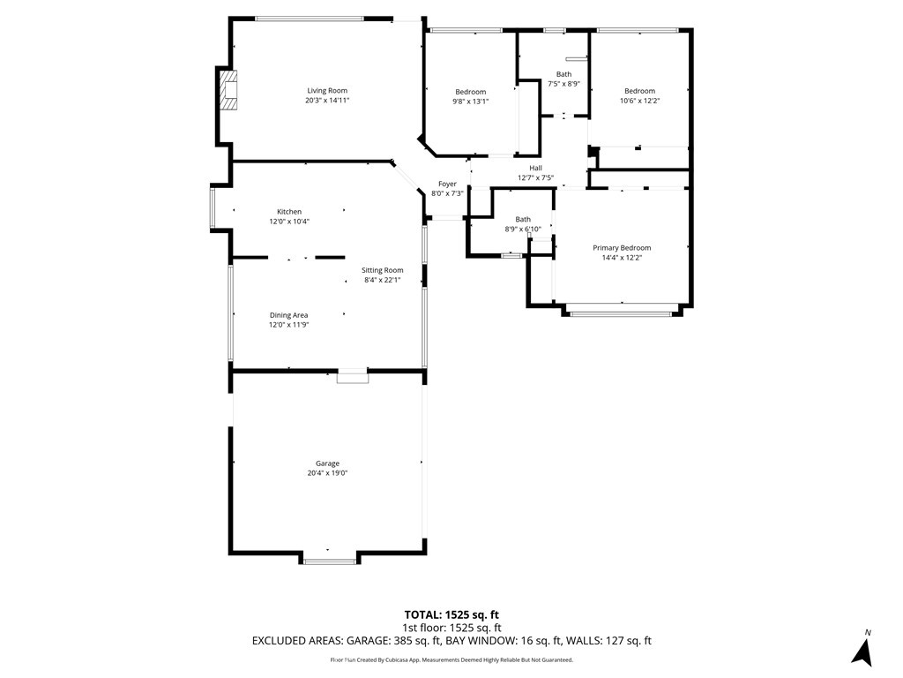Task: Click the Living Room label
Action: tap(327, 91)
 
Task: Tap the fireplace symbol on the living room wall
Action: tap(229, 90)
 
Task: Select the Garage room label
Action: tap(327, 463)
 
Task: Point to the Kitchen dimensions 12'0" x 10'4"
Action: tap(289, 222)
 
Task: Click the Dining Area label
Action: tap(288, 315)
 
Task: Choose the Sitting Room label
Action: tap(383, 270)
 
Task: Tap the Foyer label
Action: tap(447, 185)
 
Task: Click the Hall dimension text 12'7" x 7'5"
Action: tap(535, 178)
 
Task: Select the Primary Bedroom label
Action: tap(622, 248)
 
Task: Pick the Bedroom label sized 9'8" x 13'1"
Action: tap(471, 92)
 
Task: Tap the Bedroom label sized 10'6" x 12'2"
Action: tap(640, 91)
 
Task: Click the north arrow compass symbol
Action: tap(862, 651)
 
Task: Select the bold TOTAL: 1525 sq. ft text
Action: tap(451, 615)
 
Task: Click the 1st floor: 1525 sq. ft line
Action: tap(451, 628)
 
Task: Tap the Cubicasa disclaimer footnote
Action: tap(451, 659)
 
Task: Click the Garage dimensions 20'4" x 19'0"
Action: tap(327, 473)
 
